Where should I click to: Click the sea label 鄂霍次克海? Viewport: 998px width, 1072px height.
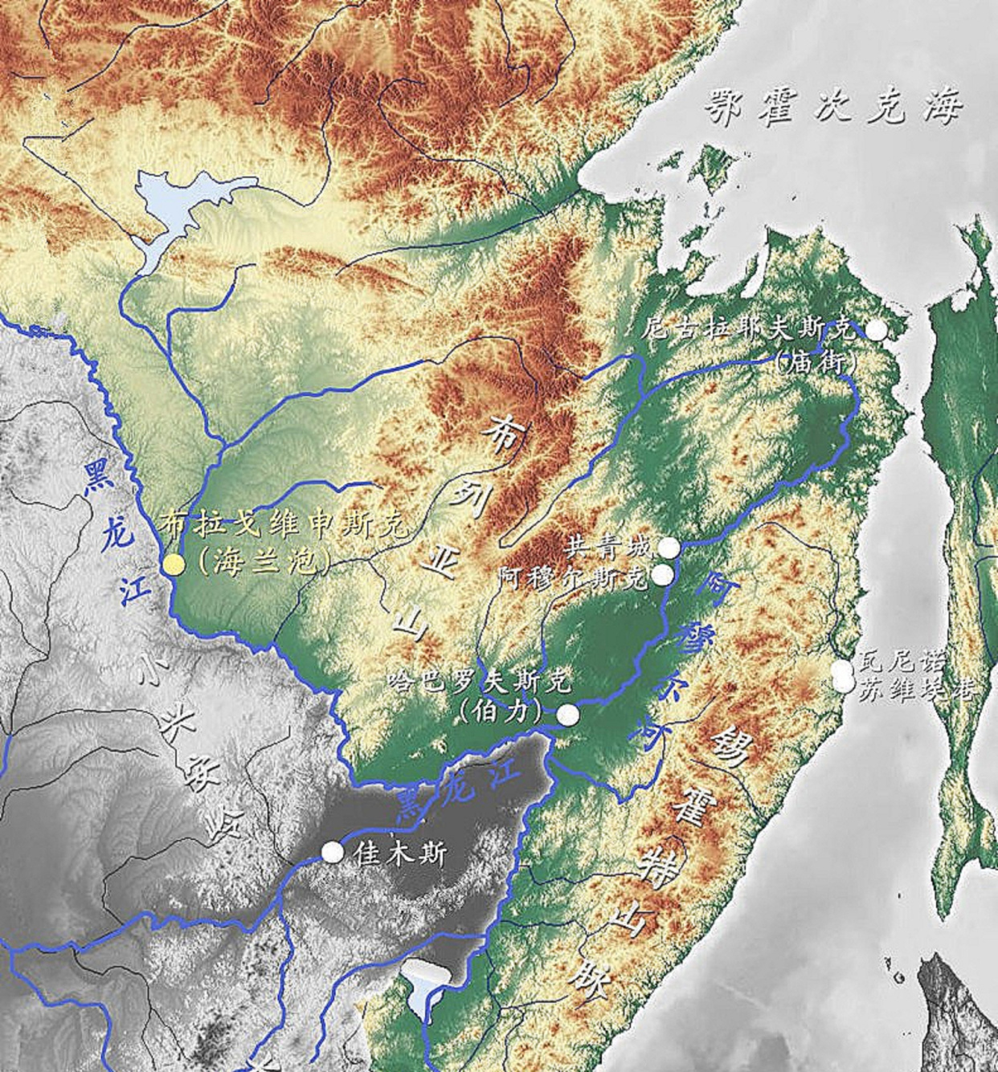[x=833, y=107]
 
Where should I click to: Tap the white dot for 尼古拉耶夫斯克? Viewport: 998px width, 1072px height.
[x=876, y=329]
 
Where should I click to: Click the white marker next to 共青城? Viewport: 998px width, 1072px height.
[x=669, y=548]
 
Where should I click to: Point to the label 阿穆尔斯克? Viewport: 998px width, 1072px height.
[x=572, y=577]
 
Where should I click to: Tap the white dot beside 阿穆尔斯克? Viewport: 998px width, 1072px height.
[x=662, y=575]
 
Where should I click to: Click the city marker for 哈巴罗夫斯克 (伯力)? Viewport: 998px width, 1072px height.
[x=568, y=715]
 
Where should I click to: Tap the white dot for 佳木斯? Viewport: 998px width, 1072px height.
[x=332, y=852]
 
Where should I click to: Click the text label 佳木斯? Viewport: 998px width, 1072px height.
[x=399, y=854]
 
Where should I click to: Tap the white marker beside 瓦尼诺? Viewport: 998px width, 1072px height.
[x=841, y=668]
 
